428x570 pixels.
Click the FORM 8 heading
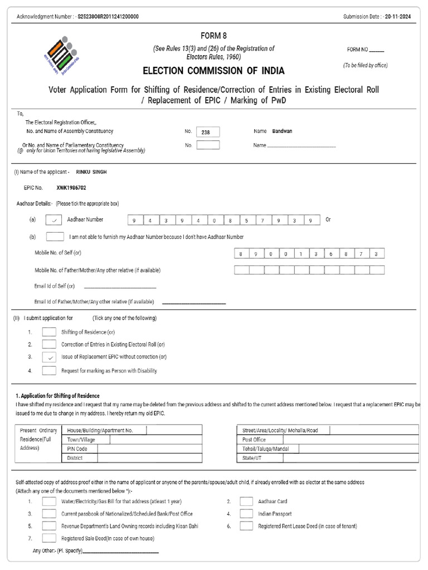click(x=213, y=36)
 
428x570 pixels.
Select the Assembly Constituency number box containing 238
click(x=208, y=132)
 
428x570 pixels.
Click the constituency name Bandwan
click(x=282, y=131)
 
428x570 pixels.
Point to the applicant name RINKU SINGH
click(x=91, y=172)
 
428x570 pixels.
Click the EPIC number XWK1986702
click(x=71, y=188)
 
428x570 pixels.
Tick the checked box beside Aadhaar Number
click(x=54, y=220)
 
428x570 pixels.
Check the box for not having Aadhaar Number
click(x=54, y=237)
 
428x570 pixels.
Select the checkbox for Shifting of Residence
click(x=49, y=332)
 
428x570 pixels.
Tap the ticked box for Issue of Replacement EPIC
click(x=49, y=357)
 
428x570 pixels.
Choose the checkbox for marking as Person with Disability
click(x=49, y=370)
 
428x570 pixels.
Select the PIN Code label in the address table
click(x=77, y=449)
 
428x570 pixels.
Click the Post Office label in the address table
click(x=254, y=440)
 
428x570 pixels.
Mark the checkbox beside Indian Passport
click(x=246, y=514)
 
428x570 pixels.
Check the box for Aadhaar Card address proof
click(x=246, y=501)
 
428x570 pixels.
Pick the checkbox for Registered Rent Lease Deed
click(x=246, y=526)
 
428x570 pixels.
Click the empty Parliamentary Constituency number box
click(x=208, y=145)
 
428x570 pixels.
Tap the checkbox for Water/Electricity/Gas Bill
click(x=49, y=501)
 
